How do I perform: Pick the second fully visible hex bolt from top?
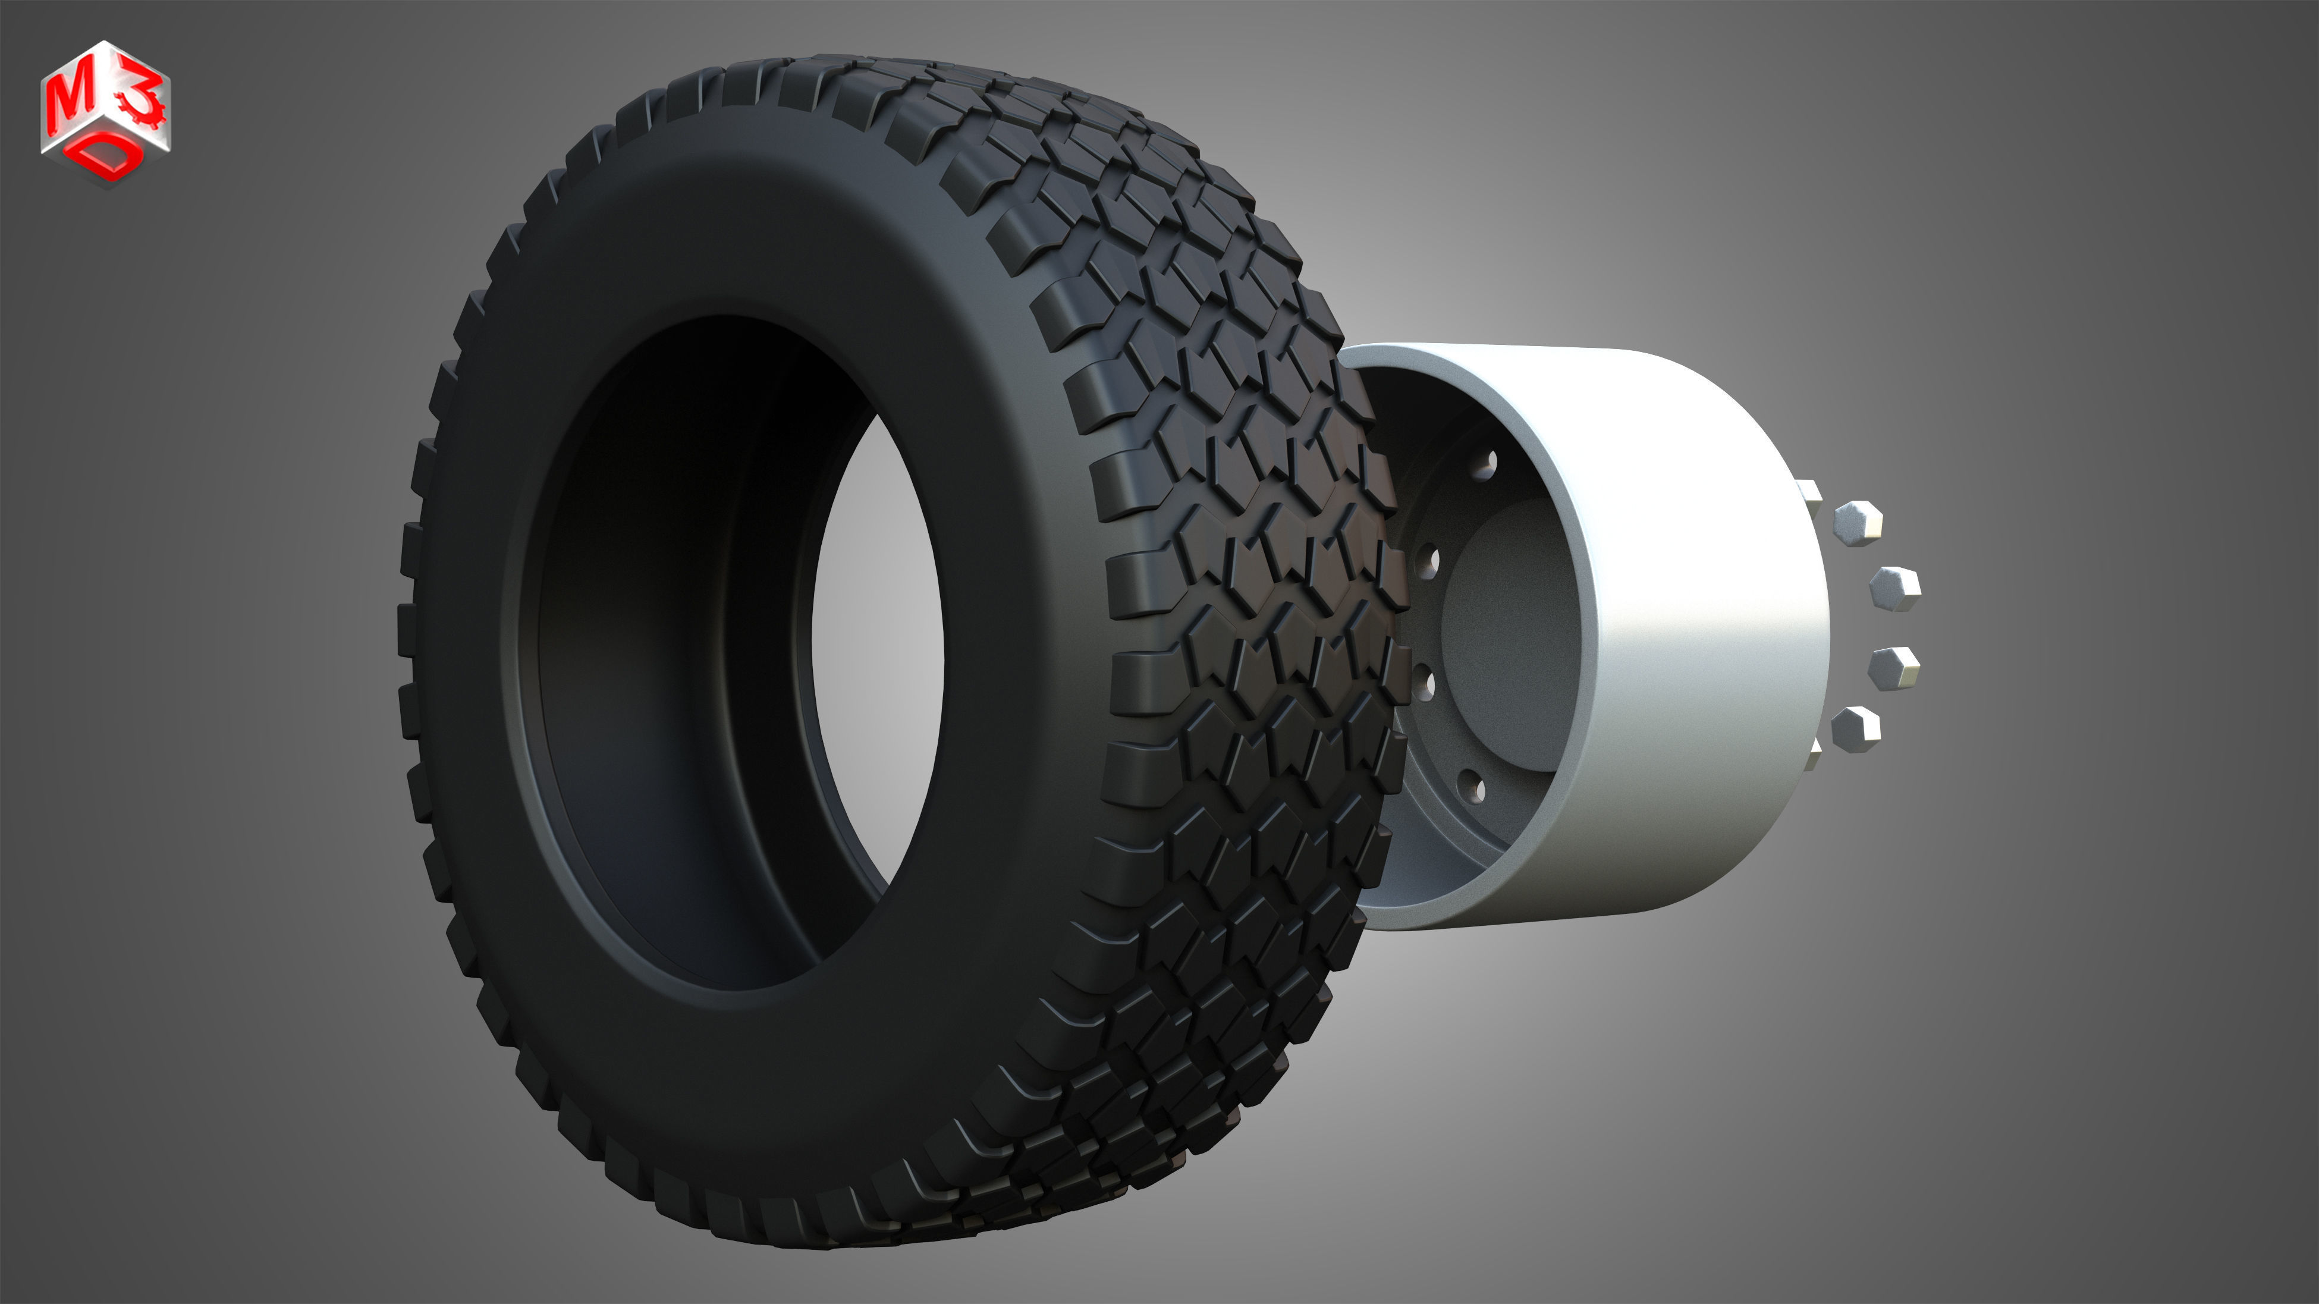[1894, 589]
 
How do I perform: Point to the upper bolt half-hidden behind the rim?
[1809, 493]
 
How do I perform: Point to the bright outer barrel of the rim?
[1701, 630]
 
